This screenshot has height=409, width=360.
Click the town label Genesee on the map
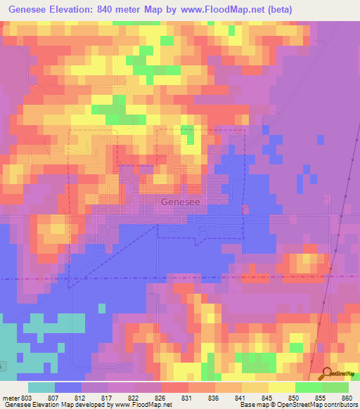coord(180,202)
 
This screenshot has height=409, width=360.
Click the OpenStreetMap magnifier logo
coord(326,373)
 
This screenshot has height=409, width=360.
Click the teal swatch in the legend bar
coord(41,387)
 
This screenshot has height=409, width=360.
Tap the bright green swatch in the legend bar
coord(309,387)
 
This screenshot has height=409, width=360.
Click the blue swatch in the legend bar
coord(68,387)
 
